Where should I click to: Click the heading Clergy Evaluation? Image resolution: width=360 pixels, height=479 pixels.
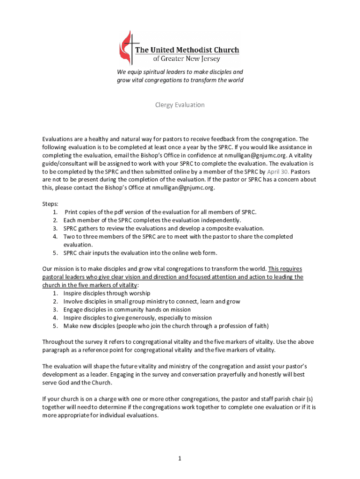point(180,105)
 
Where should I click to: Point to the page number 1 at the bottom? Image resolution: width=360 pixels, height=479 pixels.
point(179,459)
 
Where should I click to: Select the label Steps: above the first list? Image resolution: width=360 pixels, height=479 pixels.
point(50,204)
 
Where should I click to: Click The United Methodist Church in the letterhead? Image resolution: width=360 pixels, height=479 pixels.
point(187,50)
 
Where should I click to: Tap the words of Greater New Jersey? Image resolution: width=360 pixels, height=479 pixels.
point(187,59)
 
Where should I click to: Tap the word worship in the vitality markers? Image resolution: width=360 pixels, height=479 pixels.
point(139,293)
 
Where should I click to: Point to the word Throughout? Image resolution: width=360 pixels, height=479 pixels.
point(59,342)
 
